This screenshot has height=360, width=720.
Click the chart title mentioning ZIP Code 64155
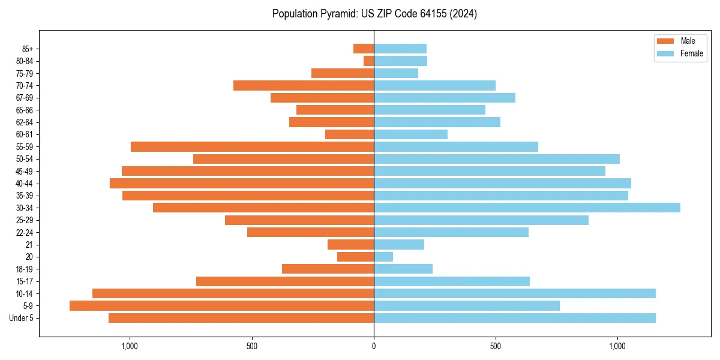point(374,14)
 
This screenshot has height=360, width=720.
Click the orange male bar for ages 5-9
point(221,306)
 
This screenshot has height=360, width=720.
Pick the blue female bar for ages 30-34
point(527,208)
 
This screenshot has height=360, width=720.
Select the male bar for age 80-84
point(368,61)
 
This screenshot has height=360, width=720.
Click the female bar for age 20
point(383,257)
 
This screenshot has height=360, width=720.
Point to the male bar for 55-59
point(252,147)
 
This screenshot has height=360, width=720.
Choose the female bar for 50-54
point(496,159)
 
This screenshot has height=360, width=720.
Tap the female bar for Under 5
point(514,318)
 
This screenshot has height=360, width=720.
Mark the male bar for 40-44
point(242,184)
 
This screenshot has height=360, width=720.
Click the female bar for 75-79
point(396,73)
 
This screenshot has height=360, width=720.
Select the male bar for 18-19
point(328,269)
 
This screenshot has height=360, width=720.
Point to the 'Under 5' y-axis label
point(21,318)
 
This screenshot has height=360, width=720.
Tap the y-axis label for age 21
point(29,245)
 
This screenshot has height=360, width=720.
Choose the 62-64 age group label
point(24,122)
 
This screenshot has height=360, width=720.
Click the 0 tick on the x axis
point(374,346)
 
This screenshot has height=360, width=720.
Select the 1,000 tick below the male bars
point(130,346)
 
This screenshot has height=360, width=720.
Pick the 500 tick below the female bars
point(496,346)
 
